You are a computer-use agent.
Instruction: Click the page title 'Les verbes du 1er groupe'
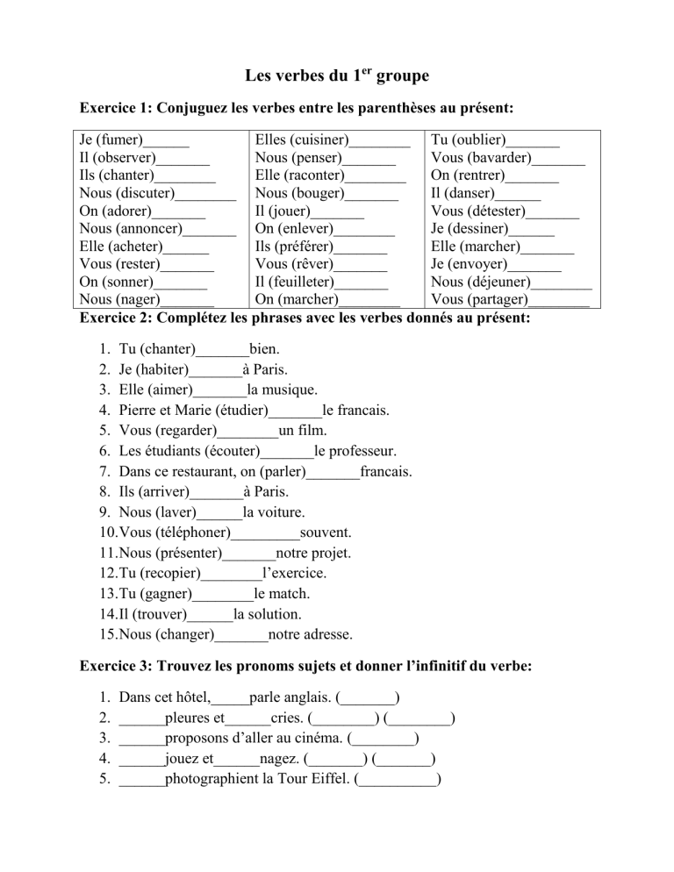pos(336,76)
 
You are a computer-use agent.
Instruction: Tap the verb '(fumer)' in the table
pos(117,139)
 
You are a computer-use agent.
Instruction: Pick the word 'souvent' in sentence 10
pos(326,532)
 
